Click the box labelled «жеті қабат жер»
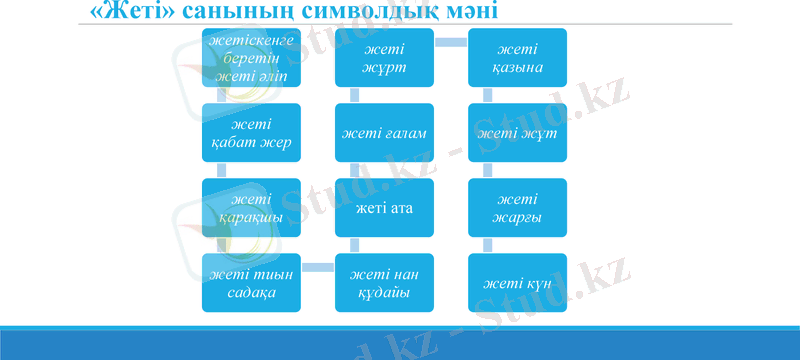pos(250,132)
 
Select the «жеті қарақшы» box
pos(250,208)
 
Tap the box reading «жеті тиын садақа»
pos(250,283)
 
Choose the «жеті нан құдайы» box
pos(384,283)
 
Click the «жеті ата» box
pos(384,208)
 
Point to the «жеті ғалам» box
pos(384,132)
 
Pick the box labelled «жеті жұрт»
pos(384,58)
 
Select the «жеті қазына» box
pos(518,58)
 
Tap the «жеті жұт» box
pos(518,132)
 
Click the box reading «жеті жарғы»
pos(518,208)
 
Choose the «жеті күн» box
pos(518,283)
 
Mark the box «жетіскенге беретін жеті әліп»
pos(250,58)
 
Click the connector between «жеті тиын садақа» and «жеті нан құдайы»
pos(317,266)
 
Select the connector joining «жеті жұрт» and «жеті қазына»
pos(451,41)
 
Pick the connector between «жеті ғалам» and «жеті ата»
pos(355,169)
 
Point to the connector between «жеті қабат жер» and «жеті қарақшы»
pos(221,169)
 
